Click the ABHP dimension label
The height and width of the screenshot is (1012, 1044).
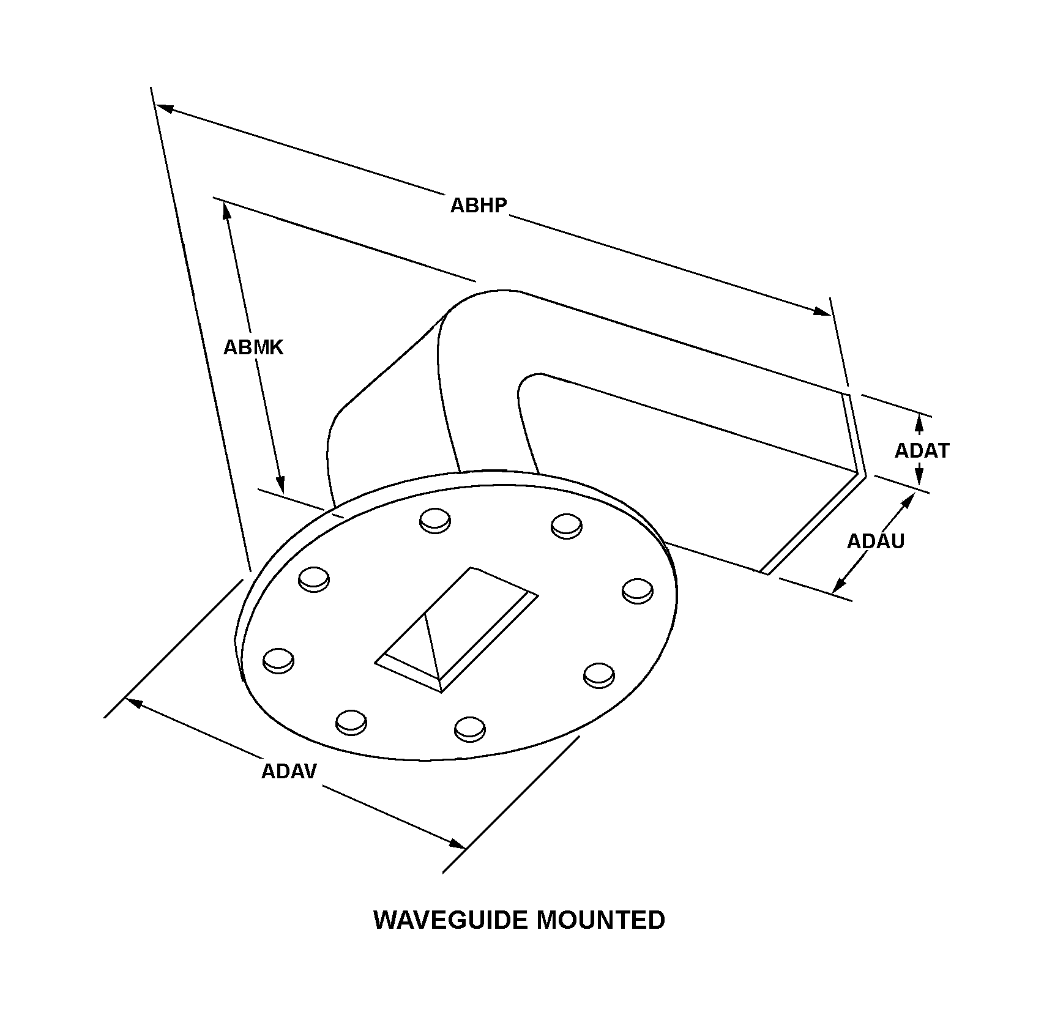[479, 205]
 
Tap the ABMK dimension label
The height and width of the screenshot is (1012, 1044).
[253, 348]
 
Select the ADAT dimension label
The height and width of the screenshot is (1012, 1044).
[922, 451]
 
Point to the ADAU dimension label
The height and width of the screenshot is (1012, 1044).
[875, 541]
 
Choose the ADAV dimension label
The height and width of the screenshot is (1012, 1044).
[289, 771]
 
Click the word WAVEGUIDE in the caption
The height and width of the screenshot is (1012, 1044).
[449, 920]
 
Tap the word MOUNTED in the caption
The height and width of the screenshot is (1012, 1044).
[601, 920]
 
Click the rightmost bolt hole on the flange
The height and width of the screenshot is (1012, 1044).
[637, 590]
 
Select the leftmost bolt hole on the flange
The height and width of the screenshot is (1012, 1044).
[278, 661]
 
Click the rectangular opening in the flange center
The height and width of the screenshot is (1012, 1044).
[457, 630]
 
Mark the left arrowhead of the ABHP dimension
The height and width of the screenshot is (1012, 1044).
[165, 108]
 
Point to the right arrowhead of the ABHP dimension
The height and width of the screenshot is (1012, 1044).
[821, 311]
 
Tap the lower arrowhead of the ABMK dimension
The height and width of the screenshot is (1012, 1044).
[281, 484]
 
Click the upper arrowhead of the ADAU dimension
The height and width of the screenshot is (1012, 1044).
[906, 502]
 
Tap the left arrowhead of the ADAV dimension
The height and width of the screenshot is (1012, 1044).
[134, 703]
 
